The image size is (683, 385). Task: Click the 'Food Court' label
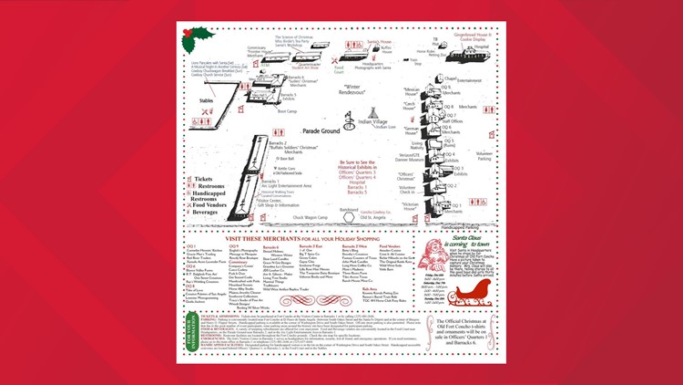pyautogui.click(x=340, y=68)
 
